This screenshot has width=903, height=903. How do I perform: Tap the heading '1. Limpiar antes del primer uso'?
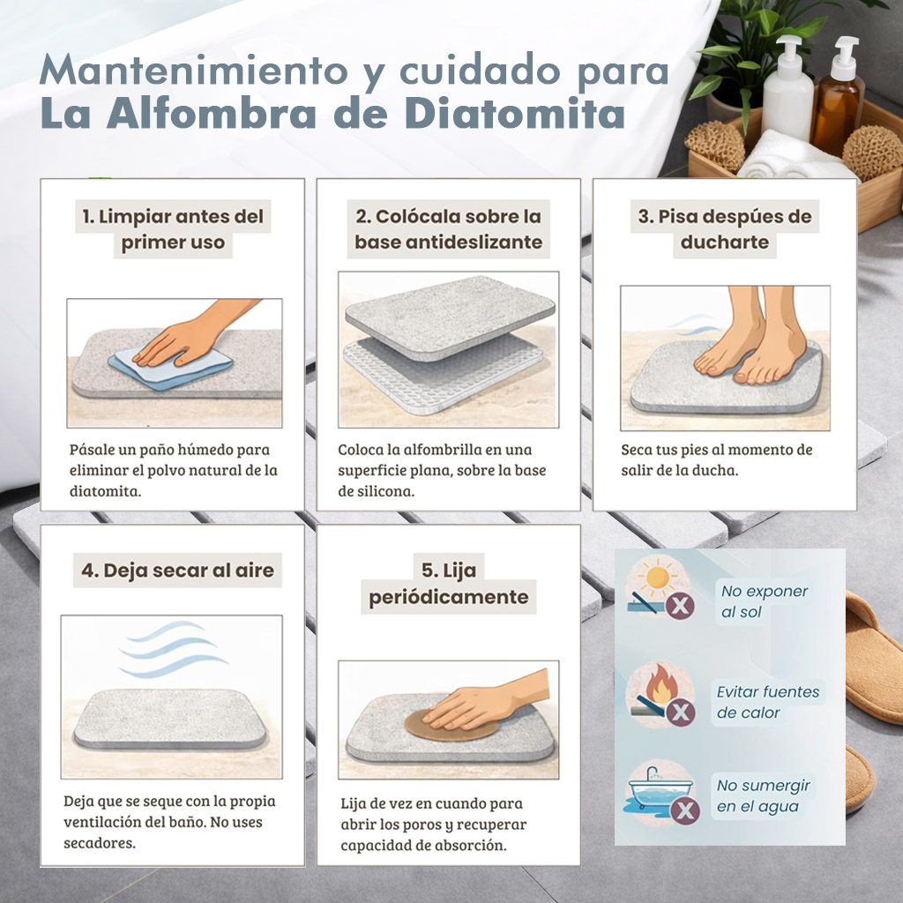pyautogui.click(x=173, y=229)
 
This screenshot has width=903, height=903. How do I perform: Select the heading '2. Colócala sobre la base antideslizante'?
pyautogui.click(x=448, y=229)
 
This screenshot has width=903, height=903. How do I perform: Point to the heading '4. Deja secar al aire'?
pyautogui.click(x=177, y=571)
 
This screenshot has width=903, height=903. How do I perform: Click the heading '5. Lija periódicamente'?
pyautogui.click(x=449, y=584)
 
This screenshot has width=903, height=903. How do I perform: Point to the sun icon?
pyautogui.click(x=656, y=578)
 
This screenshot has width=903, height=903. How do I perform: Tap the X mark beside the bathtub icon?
pyautogui.click(x=685, y=811)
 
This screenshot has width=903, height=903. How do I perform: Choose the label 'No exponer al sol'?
pyautogui.click(x=765, y=601)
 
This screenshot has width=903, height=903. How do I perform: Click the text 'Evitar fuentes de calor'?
pyautogui.click(x=768, y=702)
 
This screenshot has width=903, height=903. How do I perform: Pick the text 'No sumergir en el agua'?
pyautogui.click(x=763, y=796)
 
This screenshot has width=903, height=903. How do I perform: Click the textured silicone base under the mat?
pyautogui.click(x=444, y=373)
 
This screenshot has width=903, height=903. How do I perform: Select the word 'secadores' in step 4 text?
pyautogui.click(x=100, y=843)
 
